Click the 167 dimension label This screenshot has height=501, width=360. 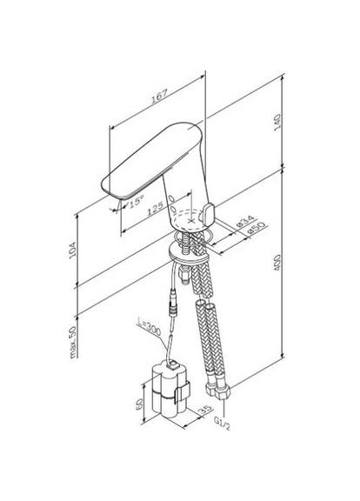(159, 96)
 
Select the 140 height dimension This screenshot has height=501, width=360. (277, 122)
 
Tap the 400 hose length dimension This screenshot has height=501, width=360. (277, 263)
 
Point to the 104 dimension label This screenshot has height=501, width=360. (73, 250)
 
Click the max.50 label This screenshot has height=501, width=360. (73, 342)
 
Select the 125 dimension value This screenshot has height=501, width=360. (156, 209)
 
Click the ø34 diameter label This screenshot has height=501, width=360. (245, 221)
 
